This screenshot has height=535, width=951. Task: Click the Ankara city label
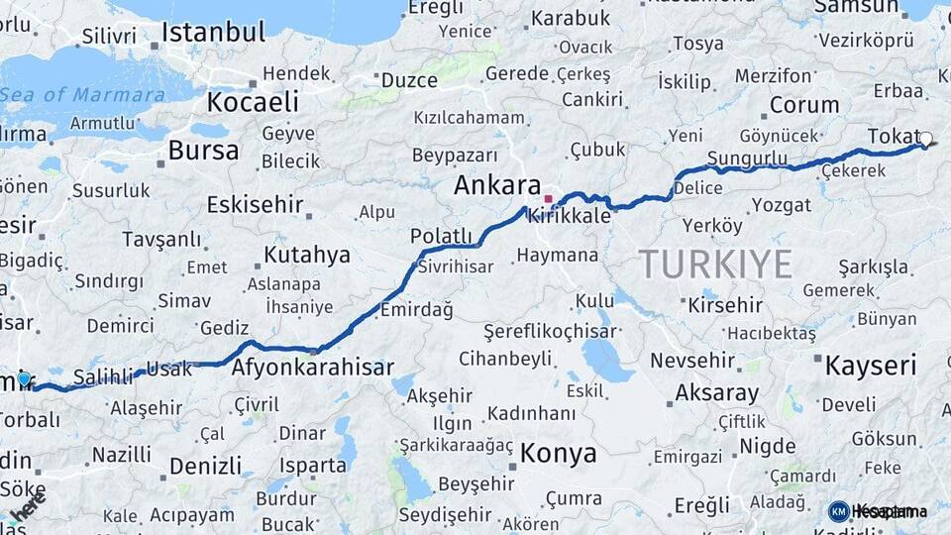pyautogui.click(x=497, y=186)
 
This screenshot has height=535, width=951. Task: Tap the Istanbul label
pyautogui.click(x=213, y=33)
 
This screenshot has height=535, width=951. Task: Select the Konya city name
pyautogui.click(x=558, y=454)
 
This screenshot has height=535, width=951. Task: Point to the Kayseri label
pyautogui.click(x=870, y=366)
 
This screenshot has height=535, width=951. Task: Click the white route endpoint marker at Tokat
pyautogui.click(x=926, y=140)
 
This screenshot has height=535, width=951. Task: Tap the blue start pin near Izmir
pyautogui.click(x=24, y=378)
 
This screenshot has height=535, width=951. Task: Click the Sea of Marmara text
pyautogui.click(x=83, y=95)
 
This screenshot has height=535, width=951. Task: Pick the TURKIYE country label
pyautogui.click(x=715, y=265)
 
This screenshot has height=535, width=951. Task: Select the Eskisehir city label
pyautogui.click(x=255, y=205)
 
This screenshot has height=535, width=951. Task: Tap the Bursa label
pyautogui.click(x=203, y=151)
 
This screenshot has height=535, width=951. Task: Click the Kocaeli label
pyautogui.click(x=253, y=101)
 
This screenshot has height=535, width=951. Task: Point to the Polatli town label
pyautogui.click(x=443, y=235)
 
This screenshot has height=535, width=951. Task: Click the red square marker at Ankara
pyautogui.click(x=548, y=199)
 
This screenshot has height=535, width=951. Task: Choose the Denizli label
pyautogui.click(x=205, y=466)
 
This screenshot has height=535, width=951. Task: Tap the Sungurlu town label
pyautogui.click(x=748, y=159)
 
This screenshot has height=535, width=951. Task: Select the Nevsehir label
pyautogui.click(x=691, y=361)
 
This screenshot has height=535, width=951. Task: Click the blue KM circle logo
pyautogui.click(x=838, y=511)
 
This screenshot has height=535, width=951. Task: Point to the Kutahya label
pyautogui.click(x=306, y=255)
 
